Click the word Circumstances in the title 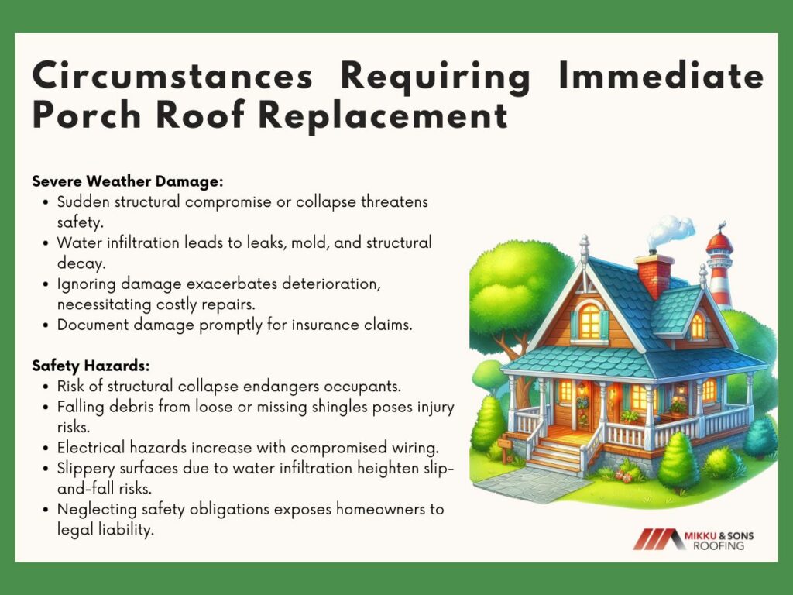[173, 76]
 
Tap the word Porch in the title [87, 115]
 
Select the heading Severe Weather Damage [128, 181]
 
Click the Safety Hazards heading [91, 366]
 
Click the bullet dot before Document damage [46, 325]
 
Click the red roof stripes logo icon [656, 539]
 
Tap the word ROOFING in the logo [718, 546]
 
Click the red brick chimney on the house [654, 275]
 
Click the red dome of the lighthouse [719, 242]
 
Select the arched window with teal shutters [589, 322]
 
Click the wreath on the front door [582, 404]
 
